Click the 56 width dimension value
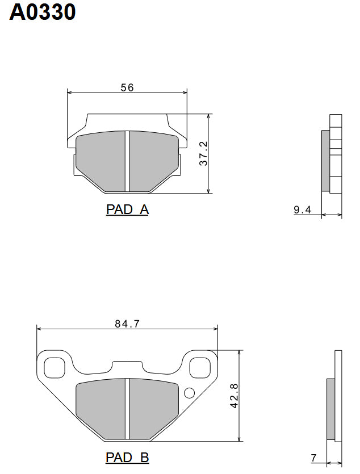click(127, 87)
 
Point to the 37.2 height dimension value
click(203, 153)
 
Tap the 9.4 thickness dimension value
click(302, 210)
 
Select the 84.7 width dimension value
click(127, 324)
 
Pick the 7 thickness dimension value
click(313, 458)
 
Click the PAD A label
click(127, 209)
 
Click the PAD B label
click(127, 457)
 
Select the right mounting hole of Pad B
click(199, 367)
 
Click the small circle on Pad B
click(190, 392)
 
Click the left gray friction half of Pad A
click(101, 160)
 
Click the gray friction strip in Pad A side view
click(325, 161)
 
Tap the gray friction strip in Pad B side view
click(330, 408)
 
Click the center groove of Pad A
click(127, 161)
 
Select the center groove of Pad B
click(127, 408)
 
